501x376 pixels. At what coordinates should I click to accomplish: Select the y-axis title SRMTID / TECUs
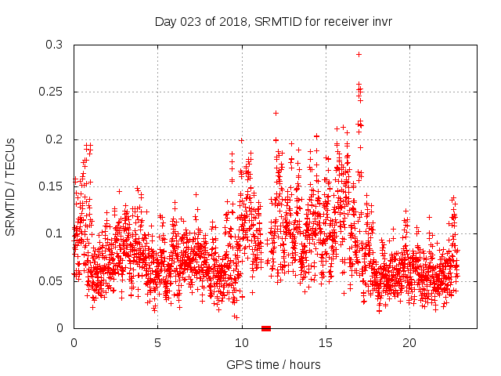(10, 186)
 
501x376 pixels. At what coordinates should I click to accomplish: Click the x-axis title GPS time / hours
(274, 364)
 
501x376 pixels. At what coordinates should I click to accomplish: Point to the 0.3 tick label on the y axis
(54, 45)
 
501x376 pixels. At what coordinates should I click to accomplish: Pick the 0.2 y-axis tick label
(54, 139)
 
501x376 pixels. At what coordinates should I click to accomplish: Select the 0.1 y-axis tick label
(54, 233)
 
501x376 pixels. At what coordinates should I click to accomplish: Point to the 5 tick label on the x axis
(157, 342)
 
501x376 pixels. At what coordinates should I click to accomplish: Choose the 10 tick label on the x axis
(241, 342)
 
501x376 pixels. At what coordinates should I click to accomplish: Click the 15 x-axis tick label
(325, 342)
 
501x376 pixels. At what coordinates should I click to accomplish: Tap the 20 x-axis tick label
(409, 342)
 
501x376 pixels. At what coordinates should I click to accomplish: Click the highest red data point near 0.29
(359, 55)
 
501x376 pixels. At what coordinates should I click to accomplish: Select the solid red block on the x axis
(266, 328)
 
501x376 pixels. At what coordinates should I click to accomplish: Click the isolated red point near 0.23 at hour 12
(276, 113)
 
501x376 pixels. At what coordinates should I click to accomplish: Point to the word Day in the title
(165, 22)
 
